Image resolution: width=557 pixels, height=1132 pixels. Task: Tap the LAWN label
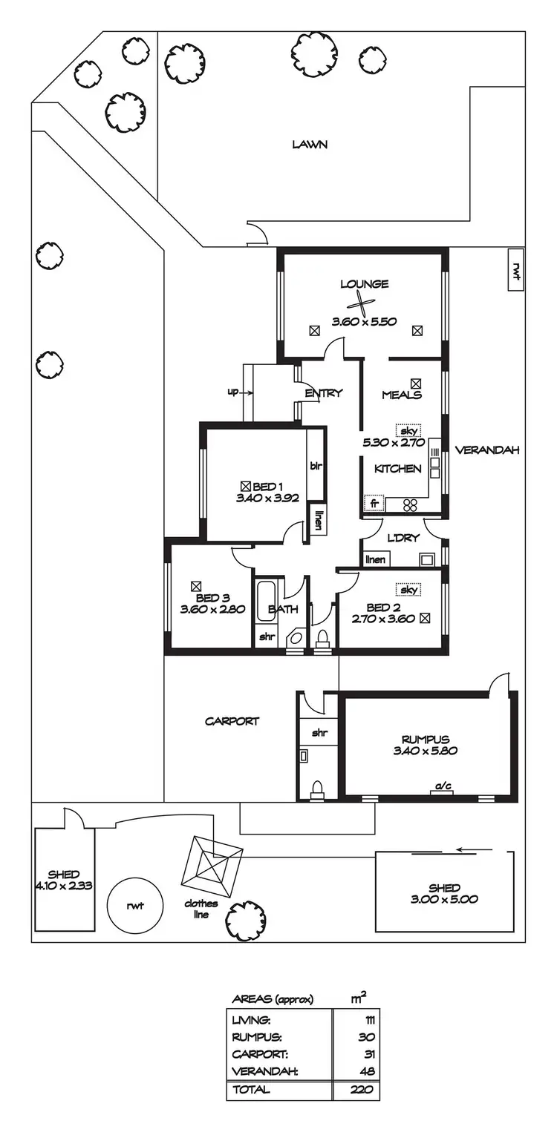310,145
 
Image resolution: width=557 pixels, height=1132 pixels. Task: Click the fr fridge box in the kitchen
374,504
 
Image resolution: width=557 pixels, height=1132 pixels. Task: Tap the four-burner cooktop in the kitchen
411,505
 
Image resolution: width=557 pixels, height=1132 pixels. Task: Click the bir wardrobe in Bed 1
315,466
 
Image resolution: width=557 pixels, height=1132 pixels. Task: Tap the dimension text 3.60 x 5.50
364,322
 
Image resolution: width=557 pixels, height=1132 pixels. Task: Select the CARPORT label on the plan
232,721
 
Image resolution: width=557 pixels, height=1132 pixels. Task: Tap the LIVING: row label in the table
253,1021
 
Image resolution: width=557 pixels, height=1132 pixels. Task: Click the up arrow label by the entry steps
233,392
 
